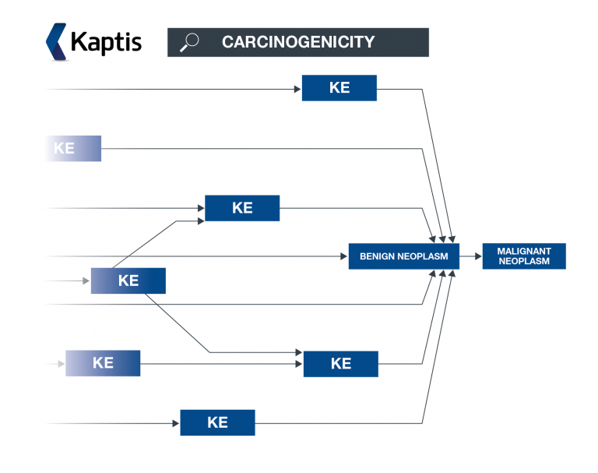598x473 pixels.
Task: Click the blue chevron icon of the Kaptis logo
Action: coord(56,41)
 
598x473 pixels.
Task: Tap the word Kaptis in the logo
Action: coord(106,41)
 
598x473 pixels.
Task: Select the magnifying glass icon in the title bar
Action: coord(188,42)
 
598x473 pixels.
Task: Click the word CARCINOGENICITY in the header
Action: coord(298,42)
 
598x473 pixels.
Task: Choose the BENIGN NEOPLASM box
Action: coord(403,256)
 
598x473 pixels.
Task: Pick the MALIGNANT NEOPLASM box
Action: coord(524,256)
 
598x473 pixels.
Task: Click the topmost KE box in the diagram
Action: coord(339,88)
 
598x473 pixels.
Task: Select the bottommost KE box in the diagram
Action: coord(217,422)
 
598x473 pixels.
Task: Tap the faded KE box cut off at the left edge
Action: coord(73,148)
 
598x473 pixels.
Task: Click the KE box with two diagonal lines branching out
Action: coord(128,281)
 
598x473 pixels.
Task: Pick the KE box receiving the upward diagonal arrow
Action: coord(242,208)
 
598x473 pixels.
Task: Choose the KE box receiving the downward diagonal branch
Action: coord(340,364)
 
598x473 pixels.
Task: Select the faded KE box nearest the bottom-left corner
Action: coord(103,363)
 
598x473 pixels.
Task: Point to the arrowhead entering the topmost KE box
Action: coord(297,89)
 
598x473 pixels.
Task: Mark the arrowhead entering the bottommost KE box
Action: coord(176,423)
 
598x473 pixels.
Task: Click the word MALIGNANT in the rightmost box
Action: coord(524,252)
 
